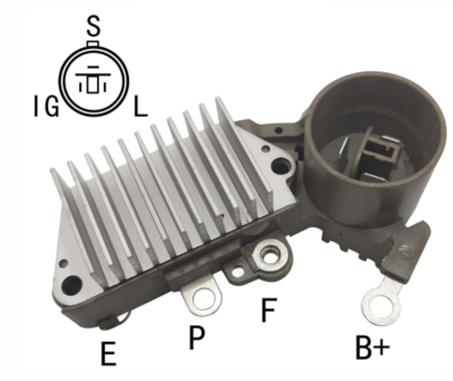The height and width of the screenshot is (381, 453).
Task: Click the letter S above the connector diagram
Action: [93, 27]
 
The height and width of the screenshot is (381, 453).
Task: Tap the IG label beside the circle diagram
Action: [46, 106]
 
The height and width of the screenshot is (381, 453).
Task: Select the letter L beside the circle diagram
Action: [141, 106]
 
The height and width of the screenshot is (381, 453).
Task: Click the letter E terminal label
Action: [109, 353]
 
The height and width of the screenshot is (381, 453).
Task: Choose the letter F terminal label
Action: [269, 310]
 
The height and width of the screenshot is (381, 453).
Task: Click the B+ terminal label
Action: [372, 347]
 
